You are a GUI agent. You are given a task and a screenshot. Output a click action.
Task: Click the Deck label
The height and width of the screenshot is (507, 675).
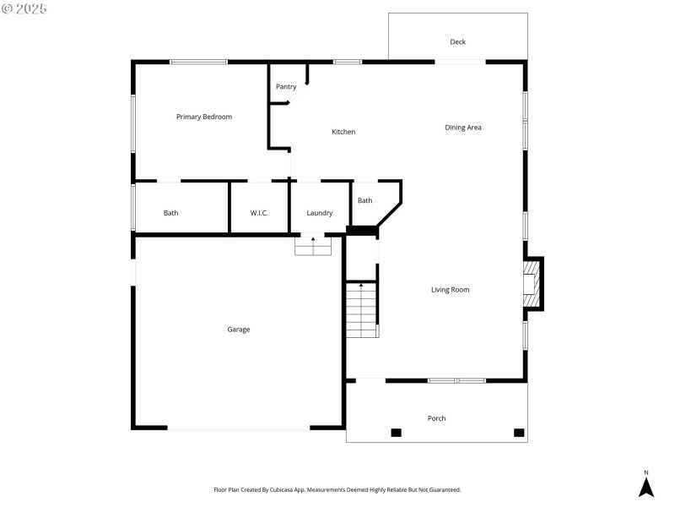(x=457, y=41)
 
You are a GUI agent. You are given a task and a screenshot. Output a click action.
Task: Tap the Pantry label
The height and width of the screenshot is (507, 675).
(x=286, y=86)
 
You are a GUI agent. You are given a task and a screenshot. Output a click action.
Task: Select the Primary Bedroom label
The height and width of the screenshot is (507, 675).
(x=203, y=117)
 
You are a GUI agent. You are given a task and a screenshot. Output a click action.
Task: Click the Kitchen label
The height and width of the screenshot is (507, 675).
(x=343, y=132)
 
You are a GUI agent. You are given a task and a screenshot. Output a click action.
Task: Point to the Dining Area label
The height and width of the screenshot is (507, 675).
(x=463, y=128)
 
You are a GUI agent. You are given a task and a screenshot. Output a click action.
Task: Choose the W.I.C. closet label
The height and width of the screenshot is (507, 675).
(x=259, y=213)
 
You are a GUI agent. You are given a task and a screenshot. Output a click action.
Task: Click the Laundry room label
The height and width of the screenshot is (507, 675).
(x=319, y=213)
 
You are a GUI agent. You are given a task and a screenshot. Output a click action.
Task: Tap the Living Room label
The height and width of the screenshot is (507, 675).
(x=450, y=290)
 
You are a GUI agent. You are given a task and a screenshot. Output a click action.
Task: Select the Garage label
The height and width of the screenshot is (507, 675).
(x=238, y=330)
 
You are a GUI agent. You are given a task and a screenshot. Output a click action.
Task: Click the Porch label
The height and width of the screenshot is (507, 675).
(x=436, y=418)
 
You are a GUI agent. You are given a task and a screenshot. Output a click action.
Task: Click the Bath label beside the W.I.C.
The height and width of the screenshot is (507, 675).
(x=170, y=213)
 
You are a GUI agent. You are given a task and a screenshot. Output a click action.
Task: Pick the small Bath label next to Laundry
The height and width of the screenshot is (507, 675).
(x=364, y=200)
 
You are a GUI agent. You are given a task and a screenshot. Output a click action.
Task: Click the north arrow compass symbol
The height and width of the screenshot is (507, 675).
(x=646, y=486)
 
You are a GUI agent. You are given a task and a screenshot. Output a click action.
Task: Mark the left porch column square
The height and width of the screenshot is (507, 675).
(x=396, y=433)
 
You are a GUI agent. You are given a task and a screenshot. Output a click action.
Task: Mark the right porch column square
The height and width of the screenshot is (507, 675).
(x=519, y=433)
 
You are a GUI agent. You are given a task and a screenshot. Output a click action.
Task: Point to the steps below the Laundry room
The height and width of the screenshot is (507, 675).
(x=313, y=246)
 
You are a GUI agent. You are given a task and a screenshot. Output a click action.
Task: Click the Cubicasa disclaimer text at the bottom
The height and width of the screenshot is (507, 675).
(x=337, y=489)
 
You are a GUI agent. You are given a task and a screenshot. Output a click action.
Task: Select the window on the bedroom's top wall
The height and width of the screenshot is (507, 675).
(x=198, y=62)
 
